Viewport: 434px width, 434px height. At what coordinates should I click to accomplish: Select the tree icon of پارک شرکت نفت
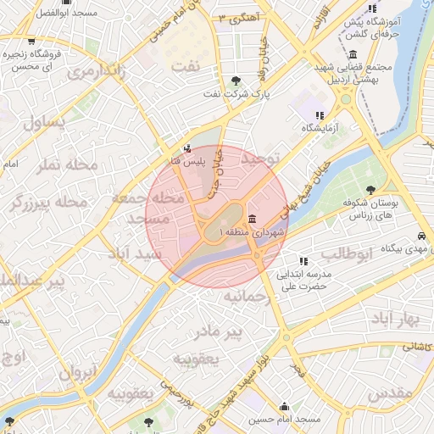[x=236, y=81]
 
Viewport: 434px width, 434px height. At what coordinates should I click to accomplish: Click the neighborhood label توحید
[x=259, y=159]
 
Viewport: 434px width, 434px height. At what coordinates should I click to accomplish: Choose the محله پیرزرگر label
[x=47, y=203]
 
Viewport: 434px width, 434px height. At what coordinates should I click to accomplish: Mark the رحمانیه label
[x=246, y=296]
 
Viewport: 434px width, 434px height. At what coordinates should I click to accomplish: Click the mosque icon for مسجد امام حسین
[x=284, y=406]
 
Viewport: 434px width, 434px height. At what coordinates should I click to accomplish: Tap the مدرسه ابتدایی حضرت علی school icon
[x=302, y=260]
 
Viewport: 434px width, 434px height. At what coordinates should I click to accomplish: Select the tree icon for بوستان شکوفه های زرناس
[x=370, y=190]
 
